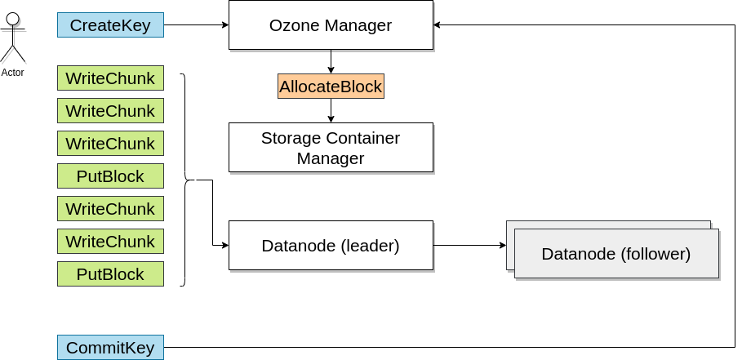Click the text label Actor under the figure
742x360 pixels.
(x=12, y=73)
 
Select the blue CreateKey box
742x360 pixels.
(x=110, y=25)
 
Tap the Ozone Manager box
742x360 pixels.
(x=331, y=25)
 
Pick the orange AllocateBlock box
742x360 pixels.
(x=331, y=87)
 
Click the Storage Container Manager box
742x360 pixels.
(x=331, y=148)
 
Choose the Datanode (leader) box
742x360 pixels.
(x=331, y=246)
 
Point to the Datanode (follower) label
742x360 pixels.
(x=615, y=254)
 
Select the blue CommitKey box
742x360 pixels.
(x=110, y=348)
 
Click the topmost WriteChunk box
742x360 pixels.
(x=110, y=78)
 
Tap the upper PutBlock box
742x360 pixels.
(x=110, y=176)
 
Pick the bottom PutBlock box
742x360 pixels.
(x=110, y=274)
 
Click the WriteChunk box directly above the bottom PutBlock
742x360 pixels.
(x=110, y=242)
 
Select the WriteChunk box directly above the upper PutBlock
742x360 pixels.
(x=110, y=144)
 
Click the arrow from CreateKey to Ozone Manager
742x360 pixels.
(x=196, y=25)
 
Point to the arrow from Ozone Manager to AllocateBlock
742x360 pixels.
(x=331, y=62)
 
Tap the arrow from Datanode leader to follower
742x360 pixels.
(x=469, y=245)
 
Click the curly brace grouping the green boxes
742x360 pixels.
(x=185, y=180)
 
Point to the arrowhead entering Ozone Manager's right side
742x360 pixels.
(x=438, y=25)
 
